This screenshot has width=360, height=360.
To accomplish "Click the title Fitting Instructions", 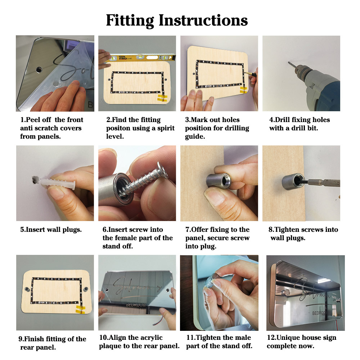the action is tap(177, 21).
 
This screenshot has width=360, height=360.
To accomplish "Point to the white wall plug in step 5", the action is tap(58, 183).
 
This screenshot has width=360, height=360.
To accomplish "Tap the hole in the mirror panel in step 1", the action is tap(39, 69).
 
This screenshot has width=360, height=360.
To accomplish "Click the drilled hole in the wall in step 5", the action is tap(35, 180).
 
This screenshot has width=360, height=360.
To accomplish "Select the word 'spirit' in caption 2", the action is tap(166, 129).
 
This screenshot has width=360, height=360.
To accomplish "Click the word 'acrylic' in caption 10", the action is tap(152, 338).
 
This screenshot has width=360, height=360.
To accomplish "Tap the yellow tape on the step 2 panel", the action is tap(163, 98).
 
